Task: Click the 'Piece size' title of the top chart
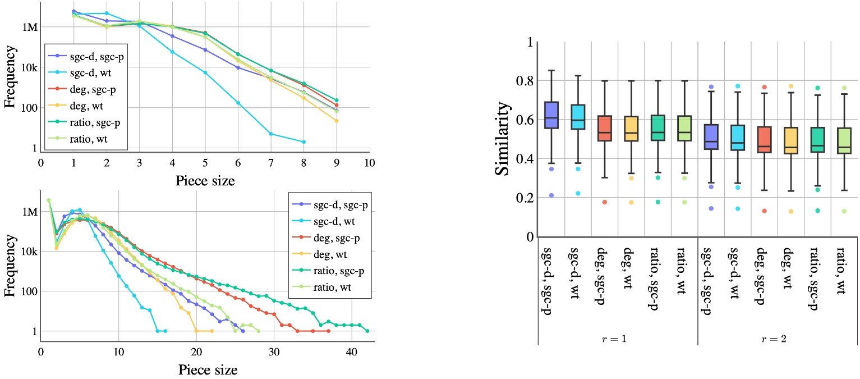tap(204, 181)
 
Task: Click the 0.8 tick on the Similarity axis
tap(523, 81)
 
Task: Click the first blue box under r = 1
tap(551, 122)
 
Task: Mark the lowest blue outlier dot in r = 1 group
tap(551, 195)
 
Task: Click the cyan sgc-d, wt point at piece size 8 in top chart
tap(303, 142)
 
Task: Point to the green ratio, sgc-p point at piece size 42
tap(367, 331)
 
